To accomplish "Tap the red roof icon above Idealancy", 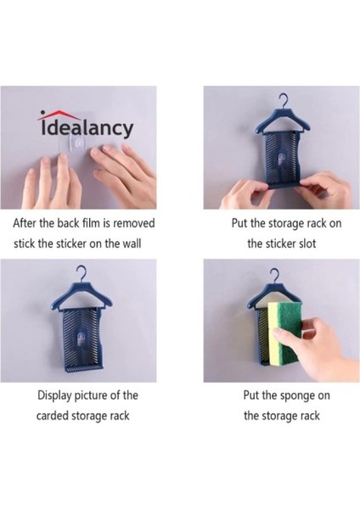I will pos(57,115).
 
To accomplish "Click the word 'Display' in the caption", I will pos(55,395).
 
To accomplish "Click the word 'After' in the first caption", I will pos(26,225).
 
